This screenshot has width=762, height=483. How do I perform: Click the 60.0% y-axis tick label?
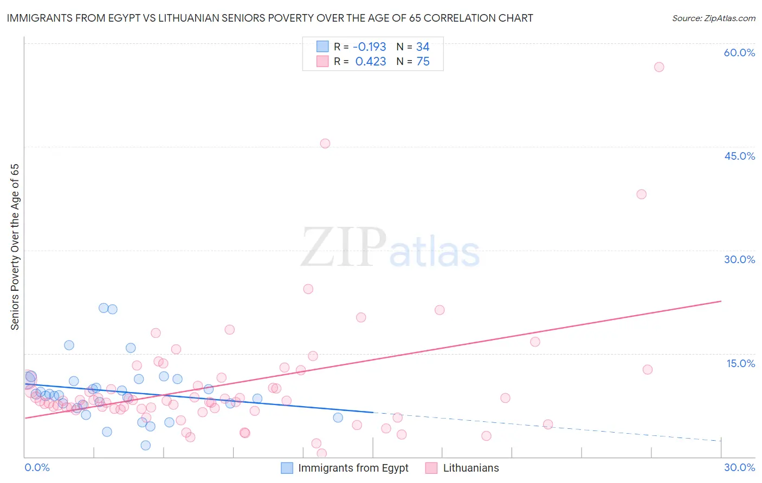(x=739, y=53)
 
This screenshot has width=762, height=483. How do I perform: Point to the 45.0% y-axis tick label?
(x=739, y=156)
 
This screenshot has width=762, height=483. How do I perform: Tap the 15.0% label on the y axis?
(x=740, y=363)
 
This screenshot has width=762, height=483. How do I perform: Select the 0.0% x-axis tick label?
(x=37, y=467)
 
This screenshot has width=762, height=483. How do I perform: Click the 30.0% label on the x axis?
(x=739, y=467)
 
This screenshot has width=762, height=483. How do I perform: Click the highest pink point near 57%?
(x=659, y=67)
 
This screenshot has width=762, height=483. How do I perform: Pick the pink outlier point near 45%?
(x=325, y=143)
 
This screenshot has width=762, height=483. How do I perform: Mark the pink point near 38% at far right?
(x=642, y=194)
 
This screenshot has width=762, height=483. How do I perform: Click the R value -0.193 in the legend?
(x=370, y=47)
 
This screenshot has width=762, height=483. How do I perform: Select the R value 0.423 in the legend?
(x=371, y=62)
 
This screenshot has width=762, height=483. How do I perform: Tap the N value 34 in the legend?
(x=423, y=47)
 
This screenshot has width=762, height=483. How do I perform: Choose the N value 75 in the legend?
(x=423, y=62)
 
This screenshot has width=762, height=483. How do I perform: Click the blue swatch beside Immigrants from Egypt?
(x=287, y=468)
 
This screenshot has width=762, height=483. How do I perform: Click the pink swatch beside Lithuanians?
(x=431, y=468)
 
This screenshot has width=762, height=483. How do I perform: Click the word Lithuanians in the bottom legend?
(x=471, y=468)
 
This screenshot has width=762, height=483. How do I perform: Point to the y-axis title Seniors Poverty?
(x=15, y=247)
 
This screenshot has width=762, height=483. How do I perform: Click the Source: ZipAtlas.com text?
(x=714, y=18)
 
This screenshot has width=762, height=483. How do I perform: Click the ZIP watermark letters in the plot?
(x=344, y=247)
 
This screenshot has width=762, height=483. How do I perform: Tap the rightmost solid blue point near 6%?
(x=338, y=417)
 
